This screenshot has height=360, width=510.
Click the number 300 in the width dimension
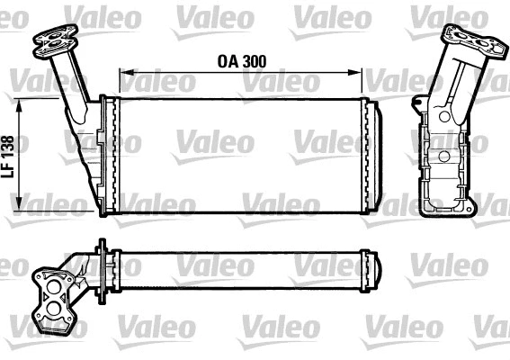pyautogui.click(x=255, y=62)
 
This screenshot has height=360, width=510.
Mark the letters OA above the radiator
pyautogui.click(x=227, y=62)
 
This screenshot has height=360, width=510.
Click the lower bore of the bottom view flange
pyautogui.click(x=58, y=308)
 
